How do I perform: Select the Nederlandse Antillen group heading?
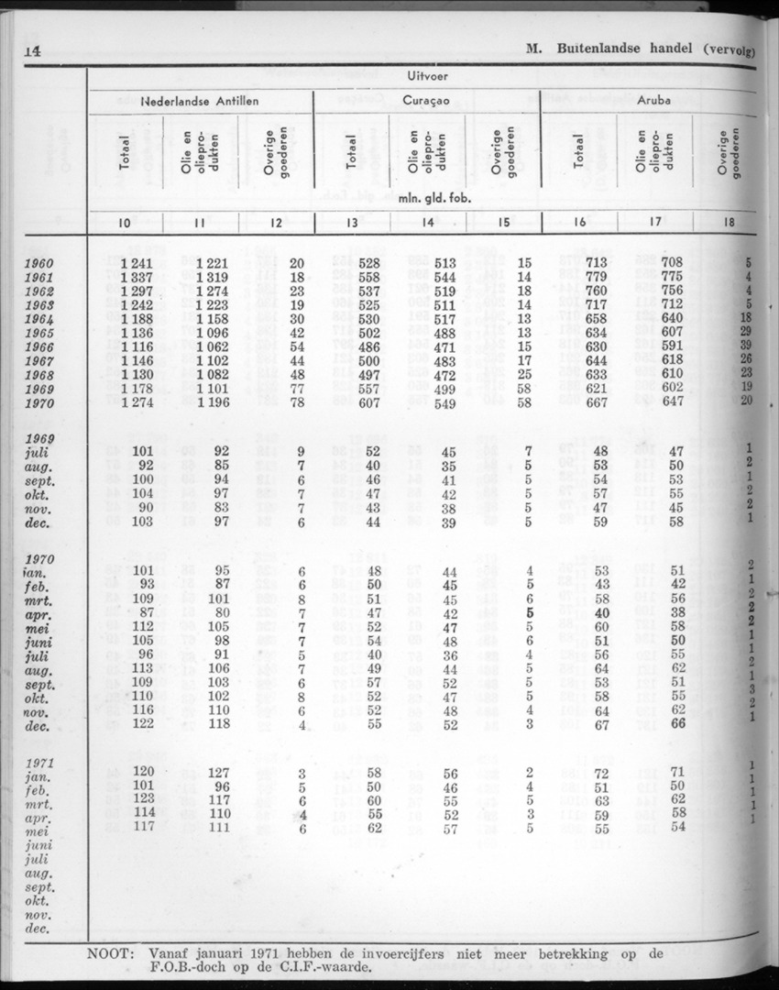click(x=200, y=102)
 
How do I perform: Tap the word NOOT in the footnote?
click(x=110, y=953)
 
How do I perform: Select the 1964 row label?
click(x=41, y=319)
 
